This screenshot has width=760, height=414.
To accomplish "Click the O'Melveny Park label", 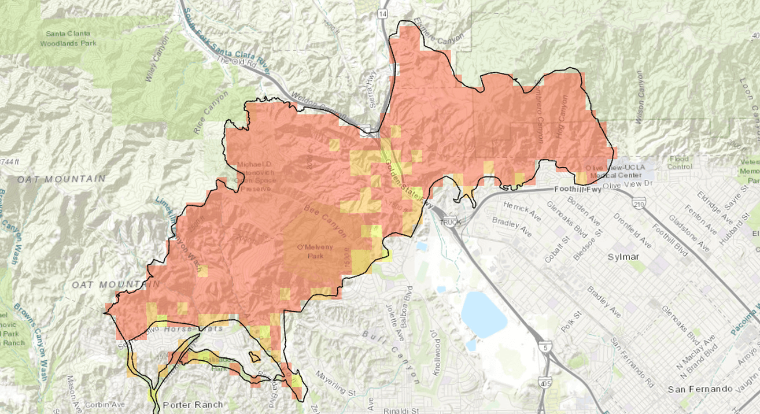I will (315, 252).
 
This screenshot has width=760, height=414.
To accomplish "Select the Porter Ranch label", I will (193, 405).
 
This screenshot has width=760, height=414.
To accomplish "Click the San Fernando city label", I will (699, 390).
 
